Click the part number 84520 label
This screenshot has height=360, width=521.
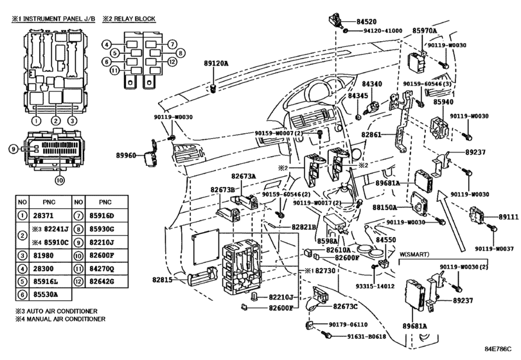pyautogui.click(x=366, y=22)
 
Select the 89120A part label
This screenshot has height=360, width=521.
pyautogui.click(x=216, y=63)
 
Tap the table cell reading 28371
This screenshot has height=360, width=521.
pyautogui.click(x=43, y=215)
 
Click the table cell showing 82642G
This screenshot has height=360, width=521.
pyautogui.click(x=102, y=281)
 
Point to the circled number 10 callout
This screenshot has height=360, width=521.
pyautogui.click(x=59, y=180)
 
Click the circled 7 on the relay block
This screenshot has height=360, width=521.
pyautogui.click(x=172, y=44)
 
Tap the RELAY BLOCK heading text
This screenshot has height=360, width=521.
pyautogui.click(x=129, y=19)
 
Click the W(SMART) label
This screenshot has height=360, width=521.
pyautogui.click(x=414, y=255)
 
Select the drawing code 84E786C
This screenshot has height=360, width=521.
pyautogui.click(x=497, y=349)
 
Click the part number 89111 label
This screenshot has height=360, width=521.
pyautogui.click(x=508, y=217)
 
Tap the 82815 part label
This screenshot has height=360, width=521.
pyautogui.click(x=163, y=280)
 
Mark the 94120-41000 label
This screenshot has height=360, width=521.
pyautogui.click(x=383, y=31)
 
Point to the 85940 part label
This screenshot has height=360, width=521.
pyautogui.click(x=443, y=102)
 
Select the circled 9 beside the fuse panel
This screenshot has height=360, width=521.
pyautogui.click(x=13, y=149)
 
